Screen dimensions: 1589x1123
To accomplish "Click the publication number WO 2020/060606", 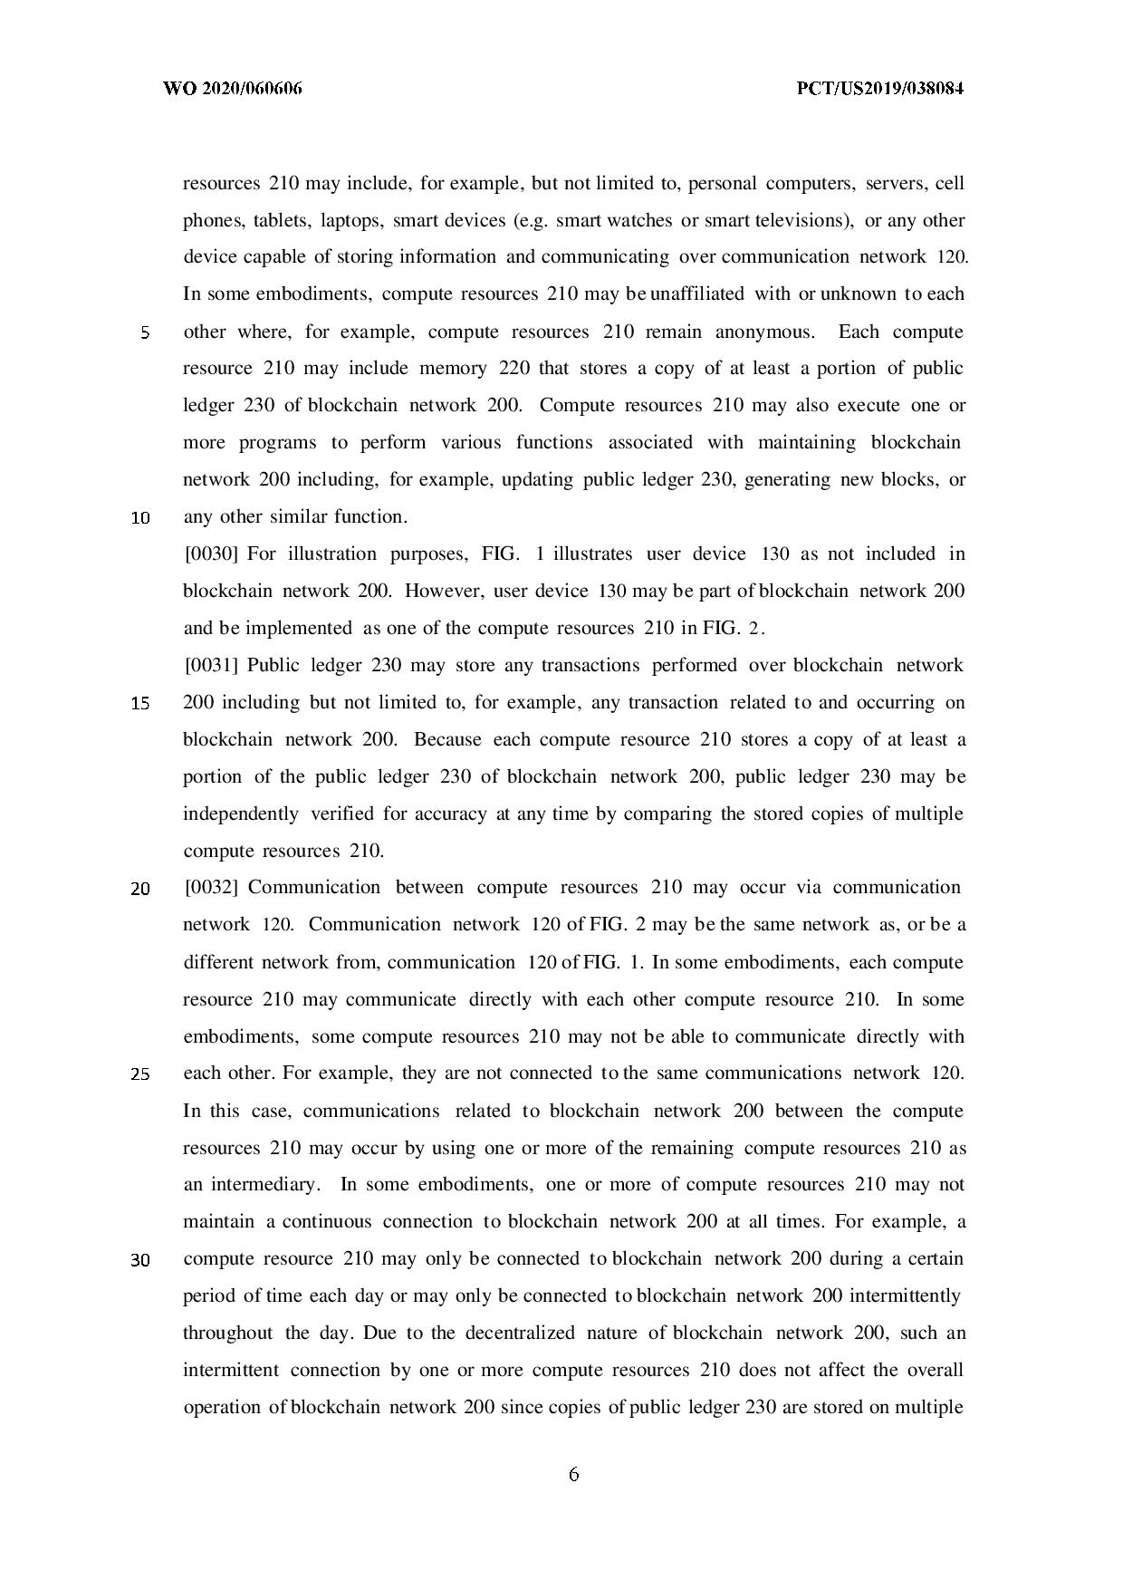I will coord(232,89).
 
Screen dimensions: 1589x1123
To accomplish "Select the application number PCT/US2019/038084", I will coord(879,89).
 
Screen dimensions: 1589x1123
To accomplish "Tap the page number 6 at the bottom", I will coord(573,1474).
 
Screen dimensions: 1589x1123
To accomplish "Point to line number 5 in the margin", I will coord(144,332).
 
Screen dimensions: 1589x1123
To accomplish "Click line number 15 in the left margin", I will coord(140,703).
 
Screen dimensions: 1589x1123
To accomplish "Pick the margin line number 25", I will coord(140,1074).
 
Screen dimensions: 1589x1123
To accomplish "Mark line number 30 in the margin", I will coord(140,1260).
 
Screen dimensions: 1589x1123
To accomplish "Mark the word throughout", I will coord(227,1333).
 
